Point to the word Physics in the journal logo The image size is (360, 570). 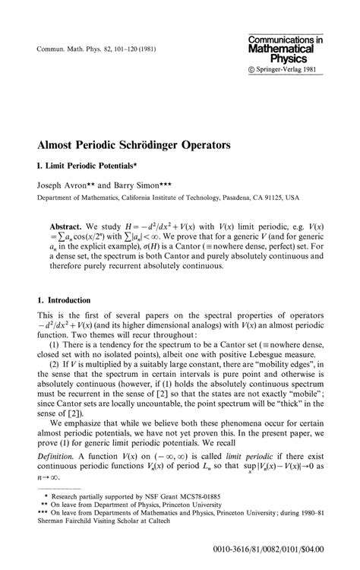pyautogui.click(x=294, y=58)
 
